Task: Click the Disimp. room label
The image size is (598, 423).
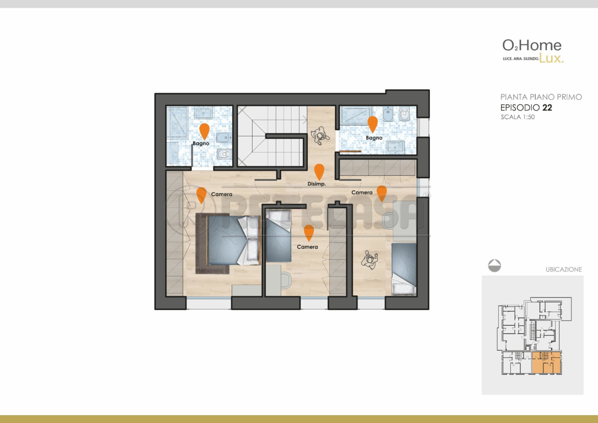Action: pos(316,184)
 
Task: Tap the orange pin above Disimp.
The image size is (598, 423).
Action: pos(319,172)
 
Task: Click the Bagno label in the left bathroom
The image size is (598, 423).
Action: pos(201,143)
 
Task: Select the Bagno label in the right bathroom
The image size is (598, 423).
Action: pos(374,138)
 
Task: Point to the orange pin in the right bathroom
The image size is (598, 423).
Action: pos(373,124)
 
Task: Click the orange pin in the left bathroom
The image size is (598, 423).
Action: pos(204,131)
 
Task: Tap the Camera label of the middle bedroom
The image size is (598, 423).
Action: pos(307,247)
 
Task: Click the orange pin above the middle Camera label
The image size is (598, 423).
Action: pos(309,233)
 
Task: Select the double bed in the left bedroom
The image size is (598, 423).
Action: pos(234,240)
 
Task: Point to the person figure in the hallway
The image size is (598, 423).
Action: pos(320,135)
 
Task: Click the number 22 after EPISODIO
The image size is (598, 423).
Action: pos(547,108)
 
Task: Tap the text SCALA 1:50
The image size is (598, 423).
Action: pos(517,117)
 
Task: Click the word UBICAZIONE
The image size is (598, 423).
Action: pos(564,269)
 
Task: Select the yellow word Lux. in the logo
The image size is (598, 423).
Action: pos(551,58)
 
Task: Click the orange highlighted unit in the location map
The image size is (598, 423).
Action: pos(546,363)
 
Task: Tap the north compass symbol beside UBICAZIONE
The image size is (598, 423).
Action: pos(495,266)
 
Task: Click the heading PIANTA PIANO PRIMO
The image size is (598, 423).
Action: pos(541,97)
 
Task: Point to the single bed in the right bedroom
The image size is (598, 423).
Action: pos(404,269)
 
